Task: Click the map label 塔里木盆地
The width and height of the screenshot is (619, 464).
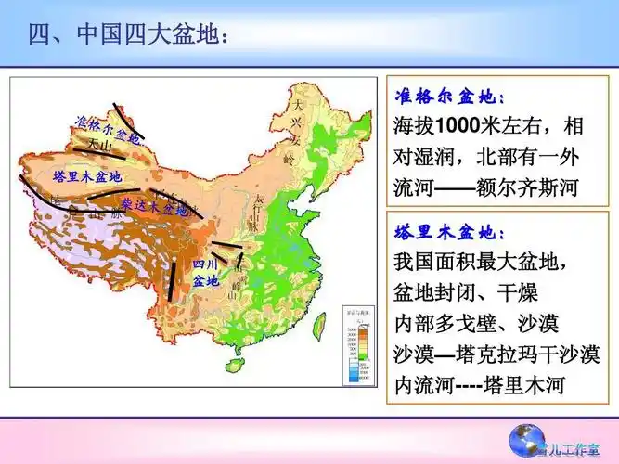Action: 87,175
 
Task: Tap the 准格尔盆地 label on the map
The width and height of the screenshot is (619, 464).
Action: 106,131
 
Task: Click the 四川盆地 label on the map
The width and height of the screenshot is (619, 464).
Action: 205,272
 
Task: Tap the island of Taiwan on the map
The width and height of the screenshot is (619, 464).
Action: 320,324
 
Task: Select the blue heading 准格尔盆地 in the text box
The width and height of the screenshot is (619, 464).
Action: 450,97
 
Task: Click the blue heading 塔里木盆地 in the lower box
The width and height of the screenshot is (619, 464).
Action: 450,231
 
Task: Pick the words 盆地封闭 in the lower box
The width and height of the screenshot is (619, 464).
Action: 429,293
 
